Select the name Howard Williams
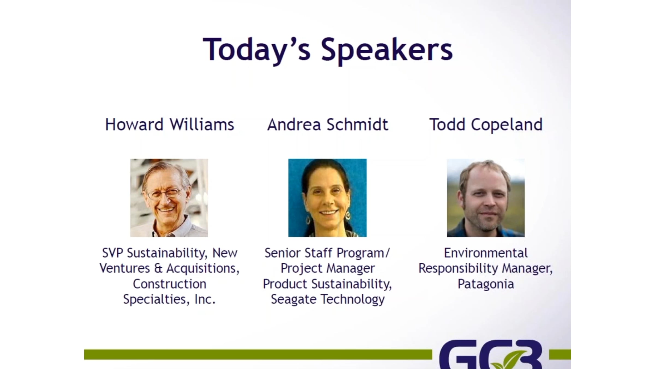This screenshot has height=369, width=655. [169, 125]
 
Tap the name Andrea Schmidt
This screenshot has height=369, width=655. [327, 125]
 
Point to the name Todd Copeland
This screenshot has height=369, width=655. [486, 125]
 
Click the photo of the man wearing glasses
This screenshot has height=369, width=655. [169, 198]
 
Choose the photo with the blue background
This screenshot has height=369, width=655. [327, 198]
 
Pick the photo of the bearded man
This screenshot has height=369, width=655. [486, 198]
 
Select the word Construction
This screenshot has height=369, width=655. [169, 284]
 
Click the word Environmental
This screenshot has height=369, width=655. [486, 253]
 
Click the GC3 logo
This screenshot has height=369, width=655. [491, 355]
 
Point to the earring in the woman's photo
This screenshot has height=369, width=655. [348, 216]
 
